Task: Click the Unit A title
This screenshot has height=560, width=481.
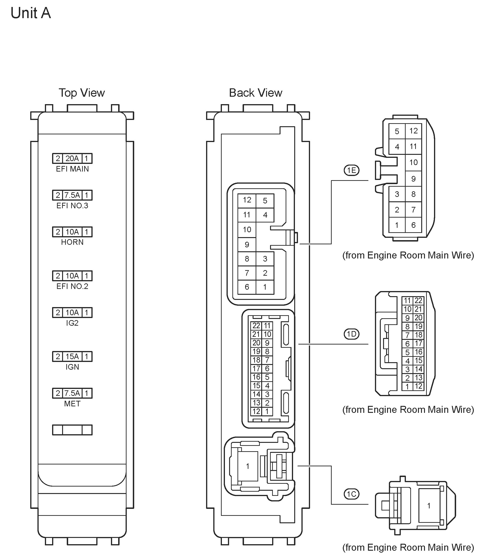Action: click(x=30, y=13)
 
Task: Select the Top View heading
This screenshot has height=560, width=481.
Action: click(x=82, y=93)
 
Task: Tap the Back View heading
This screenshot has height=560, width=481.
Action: click(x=256, y=93)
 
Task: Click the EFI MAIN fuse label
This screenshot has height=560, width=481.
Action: click(x=72, y=169)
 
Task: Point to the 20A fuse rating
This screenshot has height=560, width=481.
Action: click(x=72, y=158)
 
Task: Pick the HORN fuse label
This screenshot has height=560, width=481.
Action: click(x=72, y=242)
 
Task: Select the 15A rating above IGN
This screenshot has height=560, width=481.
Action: click(x=72, y=357)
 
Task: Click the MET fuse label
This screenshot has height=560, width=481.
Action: click(x=72, y=404)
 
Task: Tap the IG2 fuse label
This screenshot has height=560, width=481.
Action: click(x=72, y=323)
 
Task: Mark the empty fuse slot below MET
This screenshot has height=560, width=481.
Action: click(x=72, y=430)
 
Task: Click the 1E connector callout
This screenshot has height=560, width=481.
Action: click(x=351, y=170)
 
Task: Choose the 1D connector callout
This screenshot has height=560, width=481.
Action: click(x=351, y=334)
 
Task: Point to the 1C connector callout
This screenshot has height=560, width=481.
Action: click(x=351, y=494)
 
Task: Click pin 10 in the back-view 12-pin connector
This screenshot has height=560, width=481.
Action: click(x=247, y=230)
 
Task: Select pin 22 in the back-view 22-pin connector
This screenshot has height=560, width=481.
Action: click(x=256, y=326)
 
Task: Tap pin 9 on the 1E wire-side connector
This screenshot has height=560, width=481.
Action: click(x=413, y=179)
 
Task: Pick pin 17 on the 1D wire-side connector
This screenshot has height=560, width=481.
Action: click(x=418, y=344)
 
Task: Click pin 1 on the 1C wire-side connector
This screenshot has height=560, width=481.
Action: click(x=428, y=506)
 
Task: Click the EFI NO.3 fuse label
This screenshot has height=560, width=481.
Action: click(x=72, y=206)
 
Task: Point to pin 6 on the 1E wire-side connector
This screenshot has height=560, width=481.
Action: click(x=413, y=225)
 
